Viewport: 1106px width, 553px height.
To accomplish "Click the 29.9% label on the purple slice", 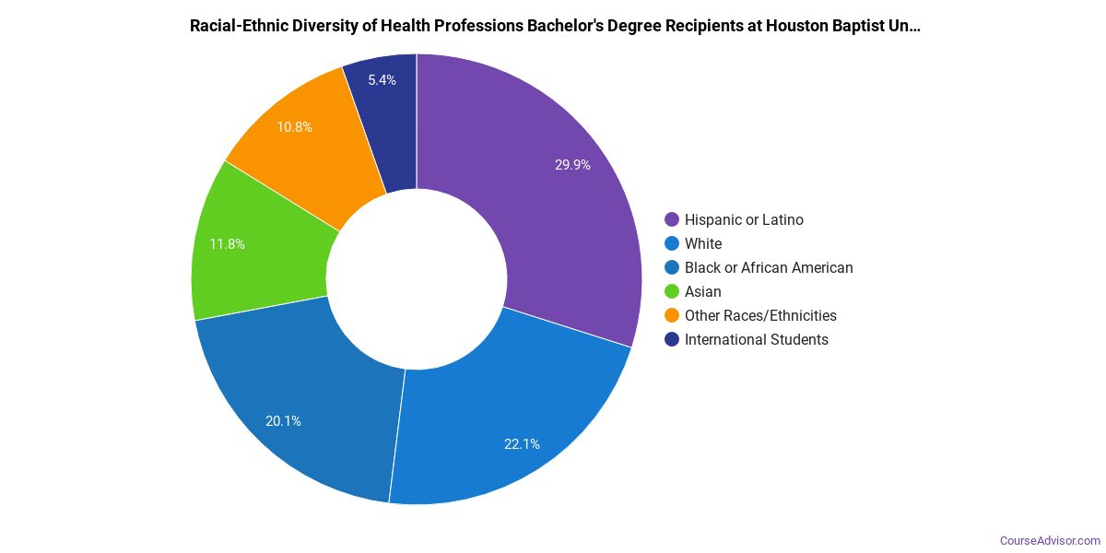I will [x=572, y=165].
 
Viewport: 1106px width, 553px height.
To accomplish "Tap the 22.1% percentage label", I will [x=522, y=443].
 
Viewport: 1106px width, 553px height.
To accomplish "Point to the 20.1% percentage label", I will [x=283, y=421].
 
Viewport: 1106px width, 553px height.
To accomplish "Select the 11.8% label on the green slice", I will [x=227, y=244].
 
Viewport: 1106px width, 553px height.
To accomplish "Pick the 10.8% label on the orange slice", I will [x=294, y=127].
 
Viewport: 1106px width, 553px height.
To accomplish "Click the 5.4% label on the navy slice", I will [x=382, y=80].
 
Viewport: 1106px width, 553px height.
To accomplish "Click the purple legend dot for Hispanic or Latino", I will [x=671, y=219].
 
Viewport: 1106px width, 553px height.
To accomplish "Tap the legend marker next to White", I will [x=671, y=243].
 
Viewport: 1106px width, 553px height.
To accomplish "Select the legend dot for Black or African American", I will [x=671, y=267].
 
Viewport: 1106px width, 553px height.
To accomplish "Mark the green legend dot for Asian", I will [x=671, y=291].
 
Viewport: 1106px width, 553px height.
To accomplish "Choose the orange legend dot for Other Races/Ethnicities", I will [x=671, y=315].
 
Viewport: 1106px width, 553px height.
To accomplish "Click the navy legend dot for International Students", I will [x=671, y=339].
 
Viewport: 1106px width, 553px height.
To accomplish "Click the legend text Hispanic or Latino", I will [x=744, y=219].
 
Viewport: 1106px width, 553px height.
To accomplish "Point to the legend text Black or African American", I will [x=769, y=267].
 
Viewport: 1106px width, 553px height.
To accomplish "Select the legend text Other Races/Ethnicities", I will [x=760, y=315].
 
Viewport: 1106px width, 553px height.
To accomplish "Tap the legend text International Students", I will [x=756, y=339].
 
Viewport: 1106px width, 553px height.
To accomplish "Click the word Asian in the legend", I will [x=703, y=291].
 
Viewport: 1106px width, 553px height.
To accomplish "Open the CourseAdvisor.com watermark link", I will [x=1050, y=540].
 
